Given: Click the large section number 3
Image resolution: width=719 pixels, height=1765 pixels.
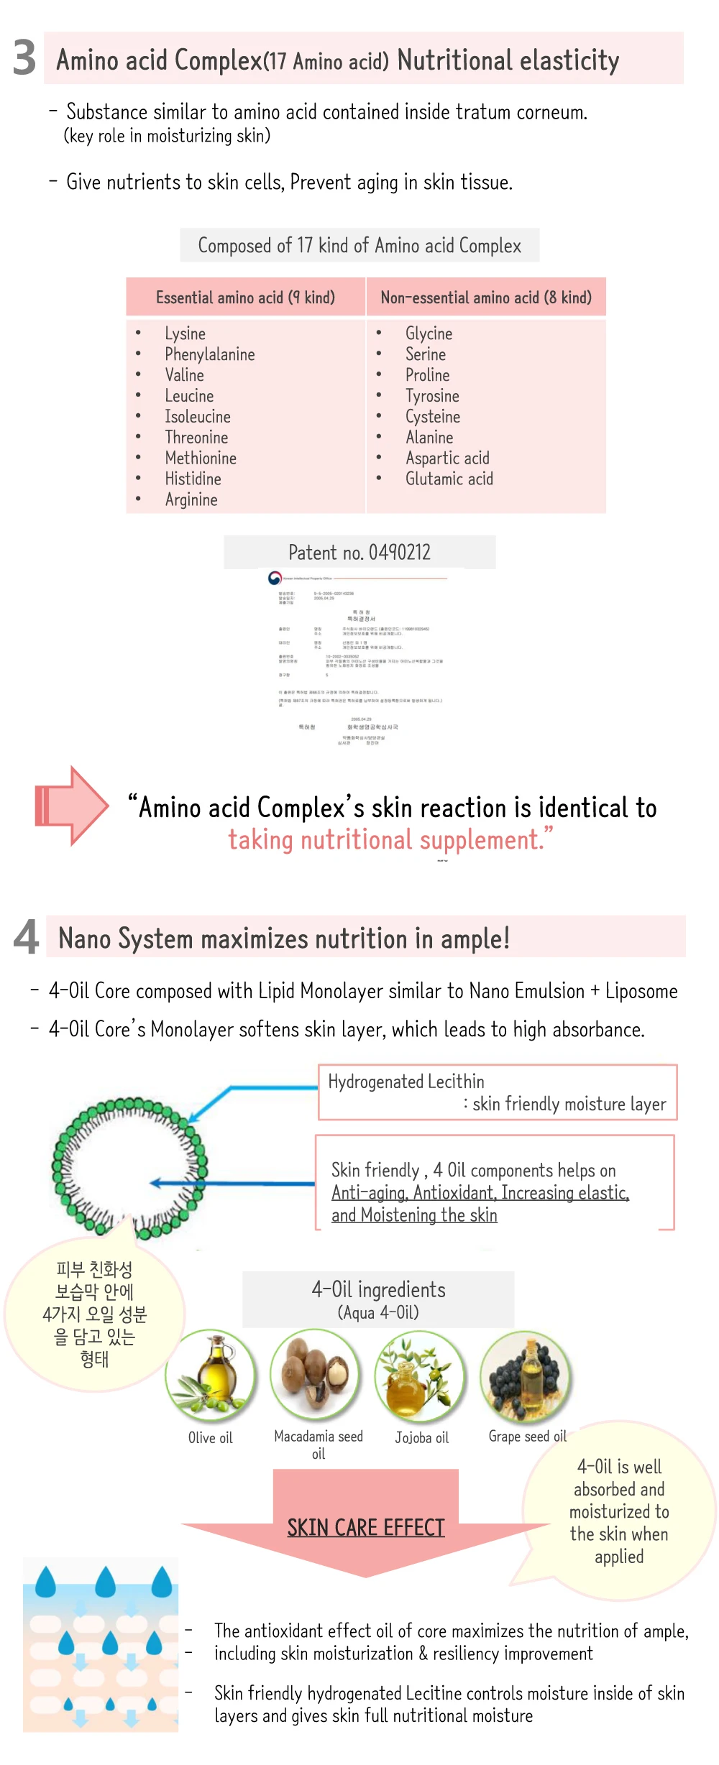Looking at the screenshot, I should (x=24, y=57).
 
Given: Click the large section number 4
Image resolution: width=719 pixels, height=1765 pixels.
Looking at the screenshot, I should (x=27, y=937).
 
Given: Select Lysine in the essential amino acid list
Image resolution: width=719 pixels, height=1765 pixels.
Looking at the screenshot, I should (x=186, y=333).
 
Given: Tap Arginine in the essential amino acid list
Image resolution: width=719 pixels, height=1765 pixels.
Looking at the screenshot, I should (x=191, y=500).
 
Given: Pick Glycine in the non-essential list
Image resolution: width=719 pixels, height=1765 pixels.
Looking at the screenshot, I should (x=429, y=333).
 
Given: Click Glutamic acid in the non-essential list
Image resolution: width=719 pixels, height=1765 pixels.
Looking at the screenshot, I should (x=449, y=479).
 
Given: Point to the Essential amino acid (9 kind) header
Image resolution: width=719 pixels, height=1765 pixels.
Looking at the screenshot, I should (x=245, y=298).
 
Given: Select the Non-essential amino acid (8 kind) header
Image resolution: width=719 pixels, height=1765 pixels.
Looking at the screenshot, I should (x=486, y=298).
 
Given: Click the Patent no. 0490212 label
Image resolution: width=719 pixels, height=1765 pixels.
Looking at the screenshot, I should (x=359, y=552).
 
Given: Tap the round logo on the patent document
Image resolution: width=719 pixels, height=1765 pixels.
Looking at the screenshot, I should (x=275, y=578).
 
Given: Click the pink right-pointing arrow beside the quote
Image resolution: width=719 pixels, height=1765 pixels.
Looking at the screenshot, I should (x=71, y=805).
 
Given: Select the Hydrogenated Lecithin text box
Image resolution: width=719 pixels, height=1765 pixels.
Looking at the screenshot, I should (x=497, y=1092).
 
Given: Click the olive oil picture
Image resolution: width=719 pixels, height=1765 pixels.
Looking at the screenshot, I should (x=211, y=1375).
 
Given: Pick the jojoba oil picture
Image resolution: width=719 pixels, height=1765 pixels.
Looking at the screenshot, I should (x=421, y=1375).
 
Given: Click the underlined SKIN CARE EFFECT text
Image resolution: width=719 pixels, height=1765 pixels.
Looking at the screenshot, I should (x=366, y=1527).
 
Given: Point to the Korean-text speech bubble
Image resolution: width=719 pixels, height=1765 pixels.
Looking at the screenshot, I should (x=94, y=1314).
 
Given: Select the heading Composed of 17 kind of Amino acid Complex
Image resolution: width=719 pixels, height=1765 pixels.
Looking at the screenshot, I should (x=359, y=246).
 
